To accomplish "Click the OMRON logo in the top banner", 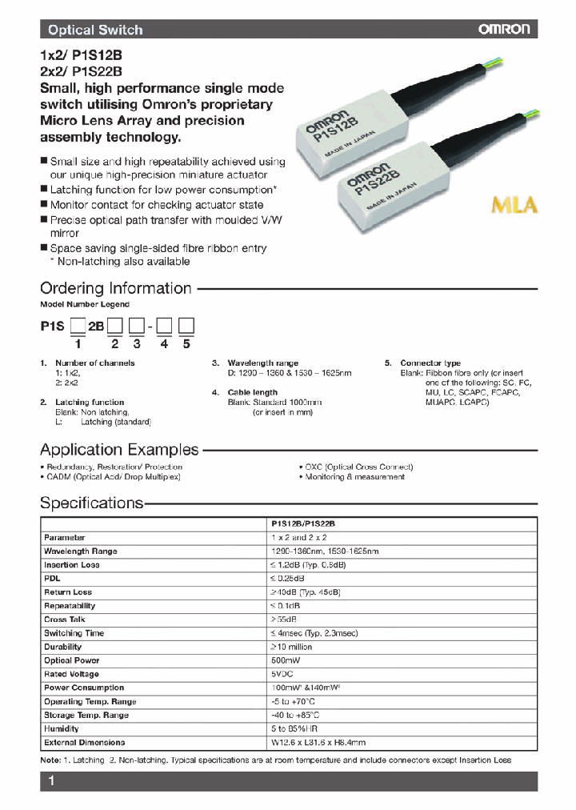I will click(504, 30).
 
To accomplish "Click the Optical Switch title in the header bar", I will click(95, 30).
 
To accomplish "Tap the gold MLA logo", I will click(514, 204).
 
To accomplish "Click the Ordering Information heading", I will click(116, 288).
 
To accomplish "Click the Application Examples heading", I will click(119, 449).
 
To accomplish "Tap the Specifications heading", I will click(91, 503).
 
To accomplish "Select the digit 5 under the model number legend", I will click(186, 344).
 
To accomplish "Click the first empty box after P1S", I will click(78, 326).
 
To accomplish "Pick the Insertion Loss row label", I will click(72, 565).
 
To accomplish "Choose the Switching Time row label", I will click(74, 633).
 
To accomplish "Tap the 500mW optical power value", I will click(286, 660).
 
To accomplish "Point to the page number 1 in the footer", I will click(50, 781).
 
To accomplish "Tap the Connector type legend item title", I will click(430, 363).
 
